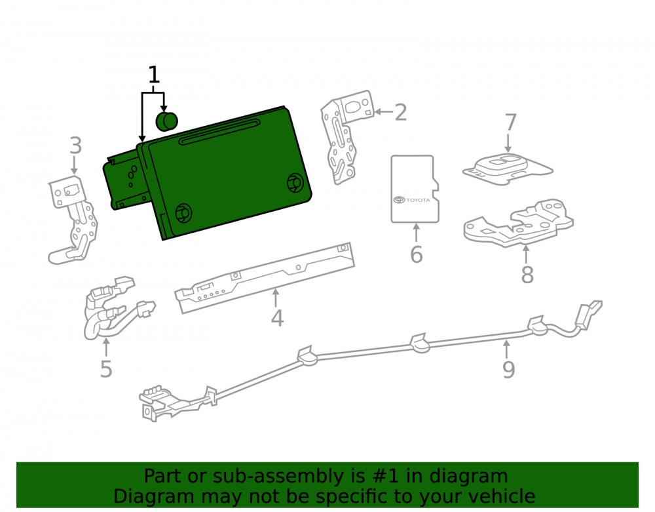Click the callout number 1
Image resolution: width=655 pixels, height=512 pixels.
(154, 75)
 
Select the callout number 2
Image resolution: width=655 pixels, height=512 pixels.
(401, 113)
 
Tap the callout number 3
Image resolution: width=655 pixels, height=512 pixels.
(75, 146)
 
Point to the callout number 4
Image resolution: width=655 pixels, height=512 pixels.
(277, 318)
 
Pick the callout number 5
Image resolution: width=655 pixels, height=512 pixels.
(106, 369)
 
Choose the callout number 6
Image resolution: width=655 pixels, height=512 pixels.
(416, 254)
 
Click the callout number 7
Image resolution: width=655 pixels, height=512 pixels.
(510, 123)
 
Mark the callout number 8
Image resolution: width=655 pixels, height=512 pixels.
(527, 275)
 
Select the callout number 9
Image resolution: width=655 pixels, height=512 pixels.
(508, 369)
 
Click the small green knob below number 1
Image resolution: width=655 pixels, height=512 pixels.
(166, 121)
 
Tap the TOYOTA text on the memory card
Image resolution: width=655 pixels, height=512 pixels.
(418, 200)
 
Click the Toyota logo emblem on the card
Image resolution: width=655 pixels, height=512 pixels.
(400, 200)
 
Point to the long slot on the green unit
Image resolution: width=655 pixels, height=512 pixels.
(219, 132)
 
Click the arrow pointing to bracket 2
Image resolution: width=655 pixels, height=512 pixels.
(383, 111)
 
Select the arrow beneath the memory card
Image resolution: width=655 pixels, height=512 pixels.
(416, 232)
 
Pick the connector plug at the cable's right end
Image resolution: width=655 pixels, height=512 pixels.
(588, 312)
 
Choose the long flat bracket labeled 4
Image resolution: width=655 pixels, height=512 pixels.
(265, 277)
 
